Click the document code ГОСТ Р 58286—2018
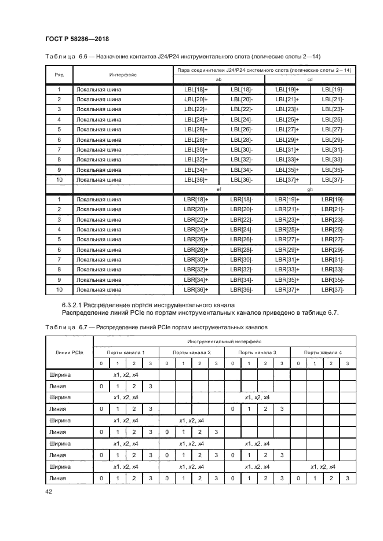77,39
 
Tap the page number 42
49,491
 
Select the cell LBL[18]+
196,90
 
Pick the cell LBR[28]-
241,249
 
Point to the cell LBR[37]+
287,289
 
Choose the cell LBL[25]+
287,120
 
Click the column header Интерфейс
122,75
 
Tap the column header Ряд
59,75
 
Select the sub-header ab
218,79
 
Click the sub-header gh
310,189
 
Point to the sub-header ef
218,189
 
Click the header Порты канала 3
257,352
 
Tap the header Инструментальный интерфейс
224,342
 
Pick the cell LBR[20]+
196,209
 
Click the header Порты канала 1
126,352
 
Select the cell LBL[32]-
241,159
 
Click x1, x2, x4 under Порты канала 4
323,467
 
